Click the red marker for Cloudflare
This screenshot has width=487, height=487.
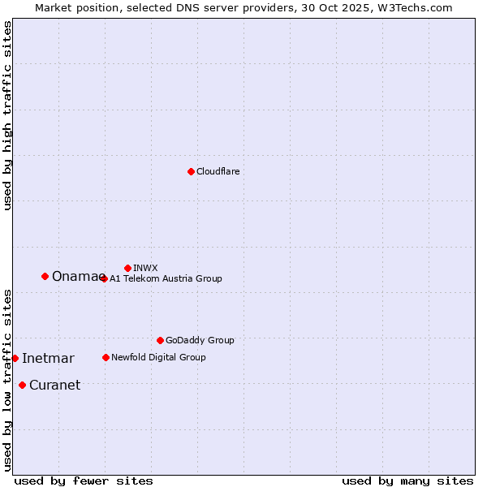(191, 171)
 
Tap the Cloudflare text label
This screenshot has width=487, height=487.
(218, 171)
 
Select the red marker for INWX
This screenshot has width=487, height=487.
(127, 268)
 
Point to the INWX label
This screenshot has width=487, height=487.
(145, 268)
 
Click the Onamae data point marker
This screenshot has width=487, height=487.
(45, 276)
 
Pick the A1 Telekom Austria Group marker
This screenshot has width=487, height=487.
(104, 278)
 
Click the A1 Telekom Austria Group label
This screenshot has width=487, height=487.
(166, 278)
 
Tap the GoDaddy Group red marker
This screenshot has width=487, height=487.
(160, 340)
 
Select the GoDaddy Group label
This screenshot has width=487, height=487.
(200, 340)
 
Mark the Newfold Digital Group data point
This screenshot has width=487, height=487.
(106, 357)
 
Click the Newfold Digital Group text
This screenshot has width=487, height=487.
(158, 357)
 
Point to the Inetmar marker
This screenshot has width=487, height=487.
(15, 358)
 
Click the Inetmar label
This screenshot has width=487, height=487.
(48, 359)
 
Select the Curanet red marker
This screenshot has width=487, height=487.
(22, 385)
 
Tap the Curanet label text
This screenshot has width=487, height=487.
(54, 386)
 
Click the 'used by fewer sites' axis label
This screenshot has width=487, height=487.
(84, 481)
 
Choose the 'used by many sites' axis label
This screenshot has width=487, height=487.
(407, 481)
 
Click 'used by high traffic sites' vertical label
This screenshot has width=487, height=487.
(7, 115)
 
